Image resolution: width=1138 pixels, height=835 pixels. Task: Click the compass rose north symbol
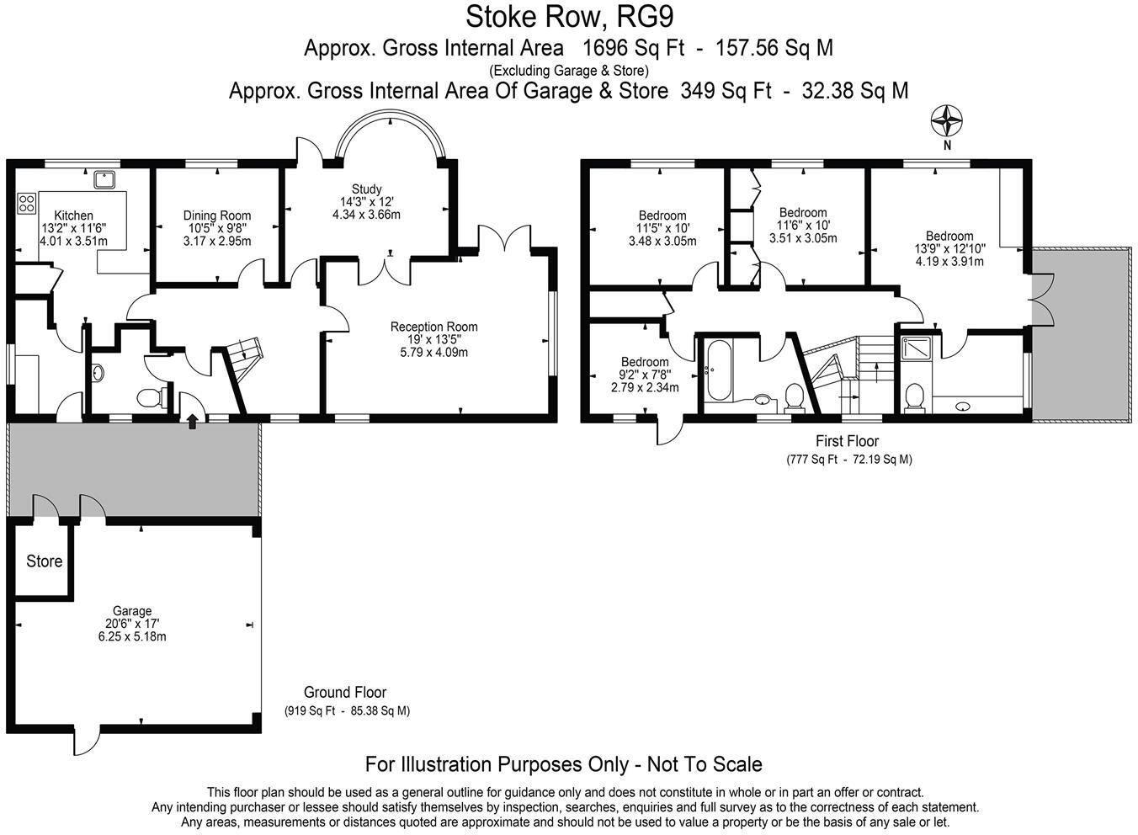click(x=947, y=121)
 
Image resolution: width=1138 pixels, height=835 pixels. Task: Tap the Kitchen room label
click(x=73, y=215)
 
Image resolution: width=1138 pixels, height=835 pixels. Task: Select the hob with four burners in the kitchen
click(x=26, y=203)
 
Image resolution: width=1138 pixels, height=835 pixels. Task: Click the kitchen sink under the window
click(x=105, y=178)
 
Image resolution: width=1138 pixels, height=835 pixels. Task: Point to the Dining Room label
click(x=217, y=215)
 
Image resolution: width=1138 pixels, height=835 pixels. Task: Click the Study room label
click(x=366, y=189)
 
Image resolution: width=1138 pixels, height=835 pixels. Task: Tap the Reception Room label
click(x=433, y=327)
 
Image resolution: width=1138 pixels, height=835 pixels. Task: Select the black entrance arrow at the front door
click(x=193, y=421)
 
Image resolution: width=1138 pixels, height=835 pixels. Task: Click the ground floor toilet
click(x=150, y=396)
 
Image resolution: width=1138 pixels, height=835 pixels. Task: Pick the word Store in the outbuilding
click(x=44, y=561)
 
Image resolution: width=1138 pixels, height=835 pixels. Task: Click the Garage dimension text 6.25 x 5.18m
click(x=132, y=636)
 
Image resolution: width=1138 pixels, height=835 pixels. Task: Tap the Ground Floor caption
click(x=345, y=692)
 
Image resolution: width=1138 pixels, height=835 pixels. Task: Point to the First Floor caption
click(x=847, y=440)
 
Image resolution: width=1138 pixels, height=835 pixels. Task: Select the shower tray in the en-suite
click(x=915, y=347)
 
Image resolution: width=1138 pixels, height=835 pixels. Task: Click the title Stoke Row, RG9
click(x=569, y=16)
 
